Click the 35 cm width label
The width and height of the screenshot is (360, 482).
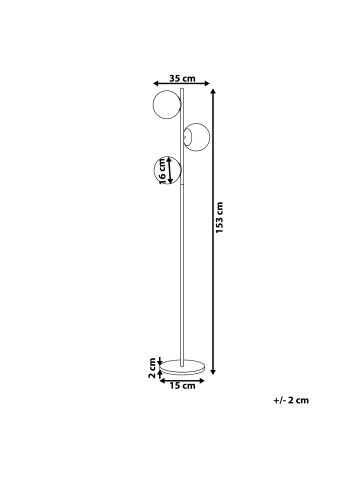(x=182, y=79)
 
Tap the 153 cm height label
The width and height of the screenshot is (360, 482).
(x=219, y=217)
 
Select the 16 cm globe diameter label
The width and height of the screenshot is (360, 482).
(x=161, y=171)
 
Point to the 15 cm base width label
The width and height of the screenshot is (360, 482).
(x=182, y=386)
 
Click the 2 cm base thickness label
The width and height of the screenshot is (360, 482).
(x=152, y=368)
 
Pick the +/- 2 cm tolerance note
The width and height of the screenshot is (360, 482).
(x=291, y=400)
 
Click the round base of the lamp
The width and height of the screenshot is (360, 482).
(x=182, y=367)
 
